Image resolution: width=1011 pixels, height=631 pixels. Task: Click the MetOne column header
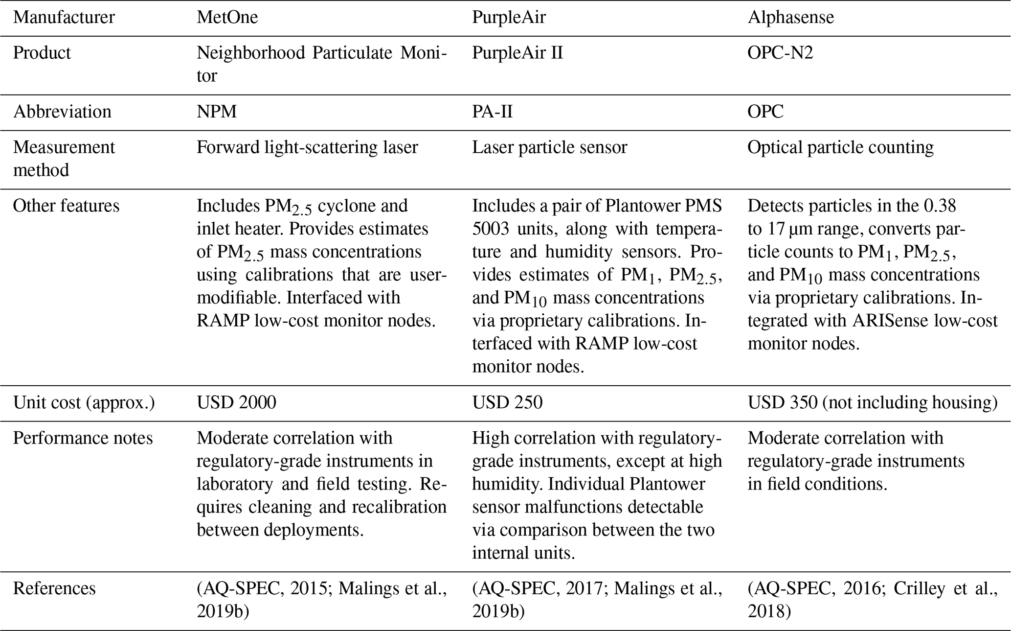pyautogui.click(x=227, y=18)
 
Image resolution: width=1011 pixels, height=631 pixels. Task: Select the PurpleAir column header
pyautogui.click(x=508, y=18)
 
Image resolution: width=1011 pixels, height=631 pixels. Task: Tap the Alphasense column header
pyautogui.click(x=790, y=18)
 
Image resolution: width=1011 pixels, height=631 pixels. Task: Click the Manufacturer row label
pyautogui.click(x=64, y=18)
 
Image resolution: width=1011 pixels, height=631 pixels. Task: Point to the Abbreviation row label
pyautogui.click(x=62, y=112)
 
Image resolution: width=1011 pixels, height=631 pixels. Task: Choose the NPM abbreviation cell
pyautogui.click(x=217, y=112)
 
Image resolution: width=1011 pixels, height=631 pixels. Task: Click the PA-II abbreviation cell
pyautogui.click(x=492, y=112)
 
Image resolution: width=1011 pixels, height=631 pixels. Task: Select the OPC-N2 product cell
pyautogui.click(x=780, y=52)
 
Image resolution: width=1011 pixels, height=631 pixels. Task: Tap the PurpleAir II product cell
pyautogui.click(x=517, y=52)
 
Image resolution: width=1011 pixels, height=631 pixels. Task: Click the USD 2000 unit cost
pyautogui.click(x=236, y=402)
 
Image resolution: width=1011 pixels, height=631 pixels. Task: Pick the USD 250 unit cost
pyautogui.click(x=507, y=402)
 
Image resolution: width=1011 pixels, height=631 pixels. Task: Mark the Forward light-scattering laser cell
pyautogui.click(x=307, y=147)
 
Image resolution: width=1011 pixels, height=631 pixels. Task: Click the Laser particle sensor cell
pyautogui.click(x=549, y=147)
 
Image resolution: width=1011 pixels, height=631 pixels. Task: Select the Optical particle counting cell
pyautogui.click(x=840, y=147)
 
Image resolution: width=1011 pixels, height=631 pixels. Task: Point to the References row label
pyautogui.click(x=54, y=588)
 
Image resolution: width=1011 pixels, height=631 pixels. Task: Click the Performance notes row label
pyautogui.click(x=83, y=438)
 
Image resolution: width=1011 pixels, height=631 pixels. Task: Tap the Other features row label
pyautogui.click(x=66, y=206)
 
